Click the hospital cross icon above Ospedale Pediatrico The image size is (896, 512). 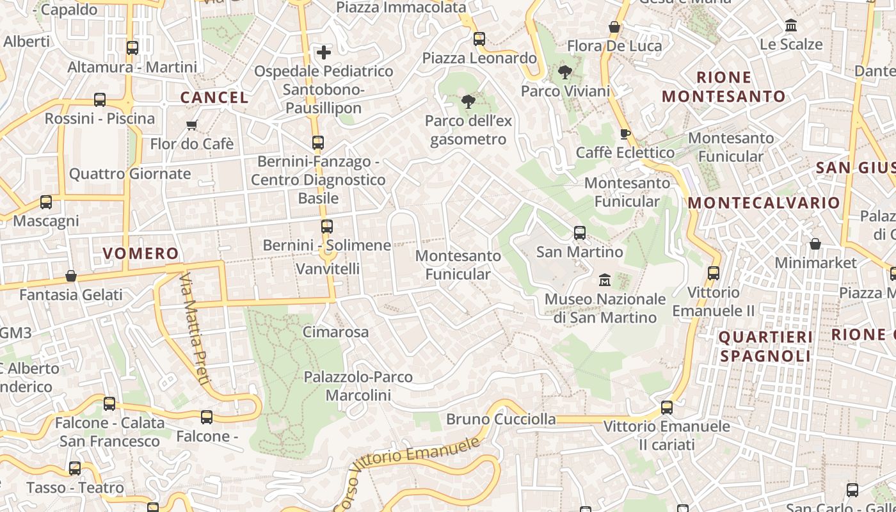pyautogui.click(x=324, y=52)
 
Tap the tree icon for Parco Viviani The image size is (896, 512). pyautogui.click(x=564, y=72)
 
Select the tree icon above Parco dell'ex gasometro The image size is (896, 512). pyautogui.click(x=468, y=101)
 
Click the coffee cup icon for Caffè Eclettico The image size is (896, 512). pyautogui.click(x=625, y=134)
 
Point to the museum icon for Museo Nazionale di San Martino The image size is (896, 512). pyautogui.click(x=604, y=280)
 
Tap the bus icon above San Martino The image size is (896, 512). pyautogui.click(x=579, y=233)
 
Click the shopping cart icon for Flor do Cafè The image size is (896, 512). pyautogui.click(x=191, y=125)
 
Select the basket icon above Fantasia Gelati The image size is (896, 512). pyautogui.click(x=71, y=276)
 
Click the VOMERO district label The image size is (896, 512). pyautogui.click(x=141, y=253)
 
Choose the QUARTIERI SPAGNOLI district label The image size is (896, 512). pyautogui.click(x=765, y=346)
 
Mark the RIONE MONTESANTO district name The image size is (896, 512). pyautogui.click(x=724, y=87)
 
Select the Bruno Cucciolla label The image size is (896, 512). pyautogui.click(x=500, y=419)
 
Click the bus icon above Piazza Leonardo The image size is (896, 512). pyautogui.click(x=479, y=39)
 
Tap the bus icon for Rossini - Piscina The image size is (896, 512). pyautogui.click(x=100, y=100)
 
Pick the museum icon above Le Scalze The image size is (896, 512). pyautogui.click(x=791, y=26)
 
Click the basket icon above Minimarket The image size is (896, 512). pyautogui.click(x=815, y=244)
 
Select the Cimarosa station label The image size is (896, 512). pyautogui.click(x=335, y=332)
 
